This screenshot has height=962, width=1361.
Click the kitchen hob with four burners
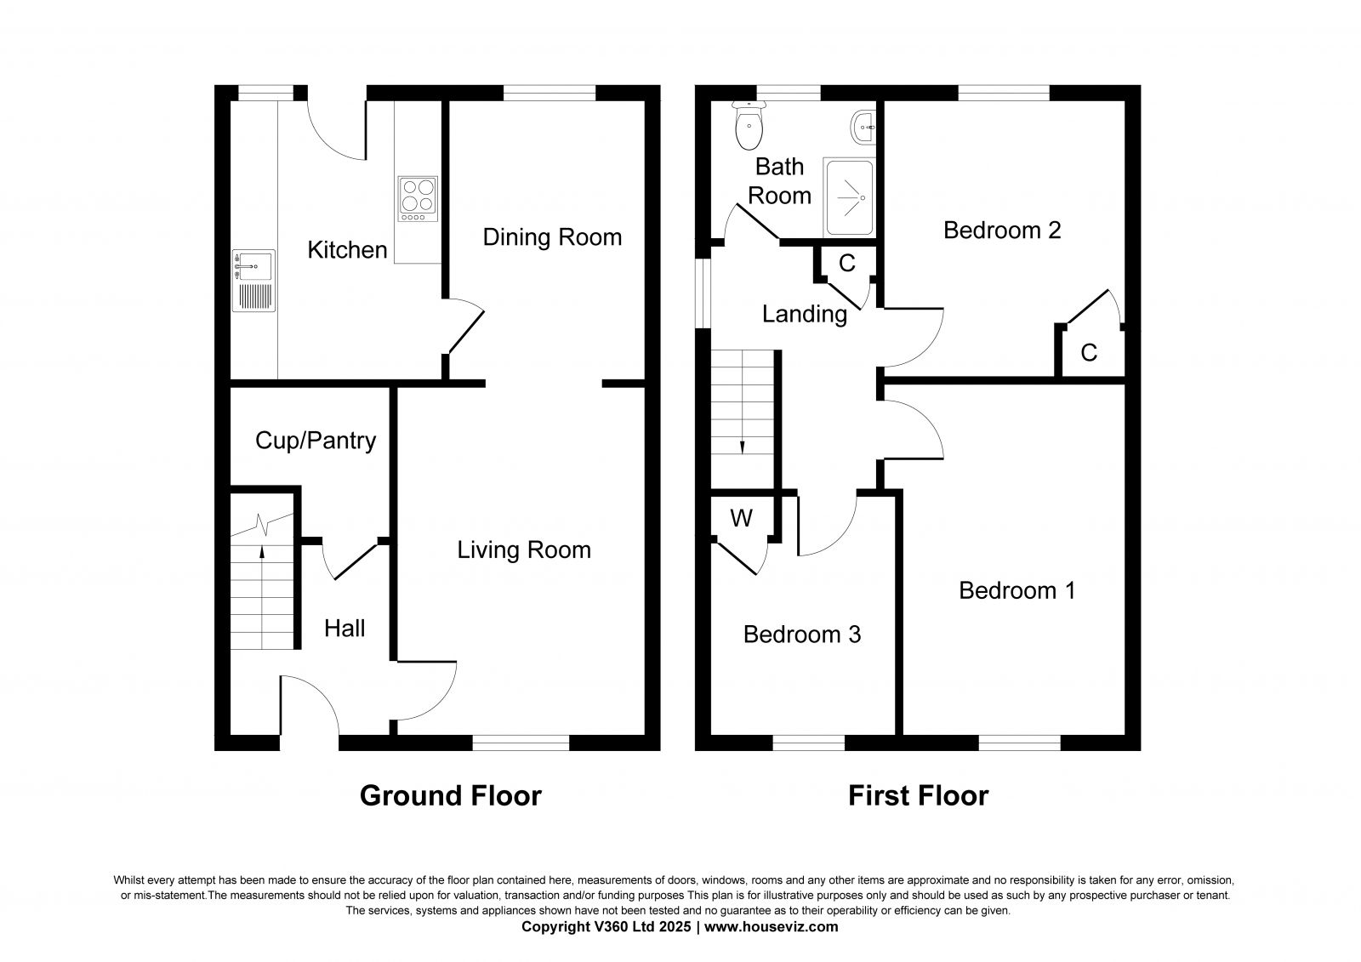[x=418, y=199]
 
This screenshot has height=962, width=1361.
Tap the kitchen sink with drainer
[x=253, y=281]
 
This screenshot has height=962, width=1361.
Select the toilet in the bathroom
[x=749, y=126]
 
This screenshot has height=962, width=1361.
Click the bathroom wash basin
[x=863, y=128]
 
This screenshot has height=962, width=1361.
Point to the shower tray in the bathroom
[x=850, y=197]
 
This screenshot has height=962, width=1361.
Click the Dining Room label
[x=552, y=237]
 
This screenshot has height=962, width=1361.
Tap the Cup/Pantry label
[x=316, y=441]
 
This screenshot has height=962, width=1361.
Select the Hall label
[x=345, y=629]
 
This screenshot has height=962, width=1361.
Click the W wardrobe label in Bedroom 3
[x=741, y=518]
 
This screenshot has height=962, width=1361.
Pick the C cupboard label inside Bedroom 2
[x=1089, y=352]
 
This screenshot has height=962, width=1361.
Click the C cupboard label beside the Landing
[x=847, y=263]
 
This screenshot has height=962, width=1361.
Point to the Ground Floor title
[x=450, y=796]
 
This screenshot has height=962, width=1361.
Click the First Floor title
[x=918, y=796]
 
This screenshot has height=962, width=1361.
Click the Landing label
[x=805, y=314]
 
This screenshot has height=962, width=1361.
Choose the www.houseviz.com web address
[x=771, y=927]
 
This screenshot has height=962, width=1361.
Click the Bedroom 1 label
[x=1017, y=590]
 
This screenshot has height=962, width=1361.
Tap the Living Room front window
[x=521, y=743]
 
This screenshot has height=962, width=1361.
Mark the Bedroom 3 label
[x=802, y=635]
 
